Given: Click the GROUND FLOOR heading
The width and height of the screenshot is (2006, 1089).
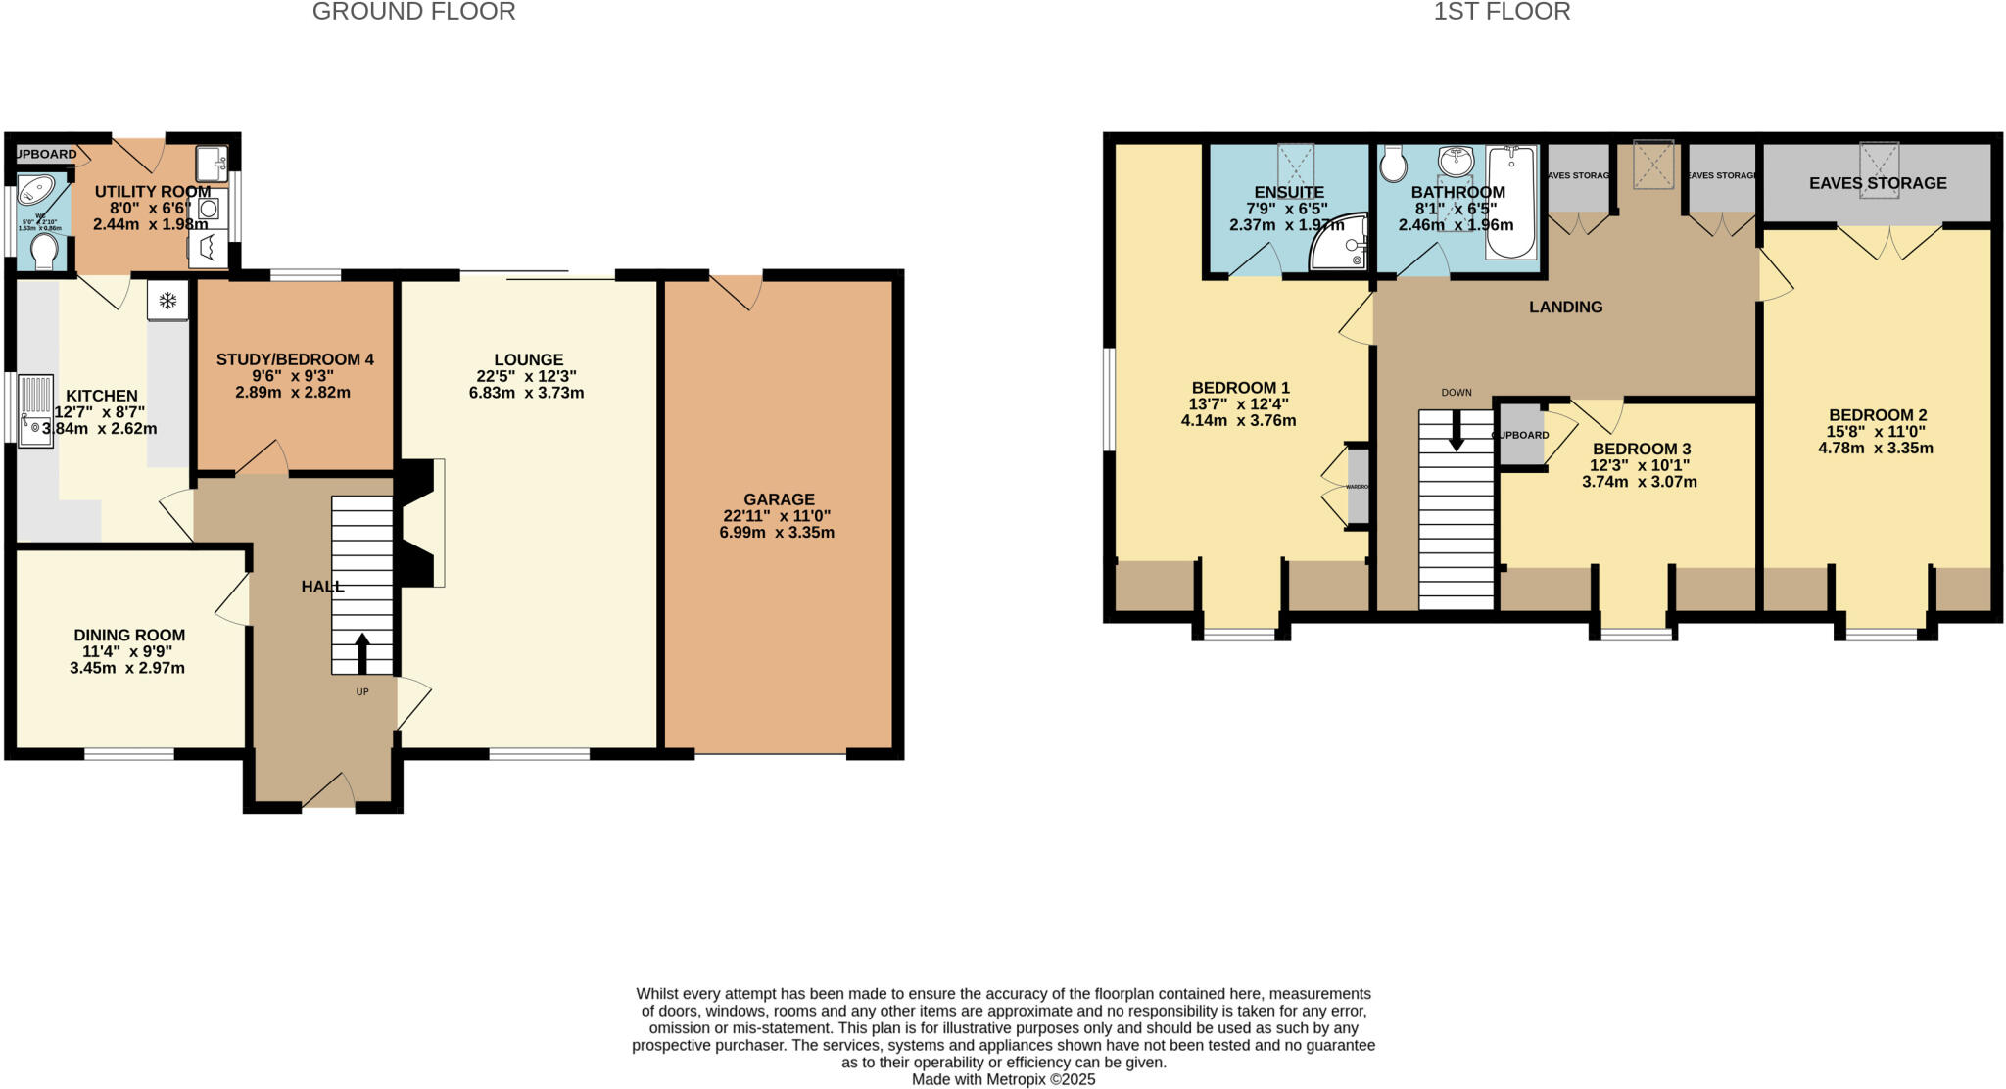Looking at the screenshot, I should [413, 12].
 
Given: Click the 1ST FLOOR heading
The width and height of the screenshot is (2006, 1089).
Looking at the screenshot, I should [1502, 12].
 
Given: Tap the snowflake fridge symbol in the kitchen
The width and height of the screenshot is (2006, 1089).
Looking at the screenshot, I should [167, 301].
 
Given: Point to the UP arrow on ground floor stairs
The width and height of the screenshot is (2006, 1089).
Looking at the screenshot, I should [361, 653].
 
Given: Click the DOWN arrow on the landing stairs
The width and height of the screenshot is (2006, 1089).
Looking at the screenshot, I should [1457, 431].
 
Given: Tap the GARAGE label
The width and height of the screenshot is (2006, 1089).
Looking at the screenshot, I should [779, 499].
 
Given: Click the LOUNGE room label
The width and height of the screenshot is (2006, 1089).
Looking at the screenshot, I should [528, 359].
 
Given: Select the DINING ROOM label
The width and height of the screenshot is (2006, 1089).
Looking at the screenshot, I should [129, 636].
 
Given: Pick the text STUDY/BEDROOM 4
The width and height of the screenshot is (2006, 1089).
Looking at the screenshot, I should [295, 359].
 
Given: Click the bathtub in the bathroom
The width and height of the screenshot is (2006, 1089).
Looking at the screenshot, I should [1510, 202].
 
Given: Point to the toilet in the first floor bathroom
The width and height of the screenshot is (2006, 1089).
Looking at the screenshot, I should [1392, 166].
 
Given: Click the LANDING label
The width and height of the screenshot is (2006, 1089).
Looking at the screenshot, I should [1565, 308].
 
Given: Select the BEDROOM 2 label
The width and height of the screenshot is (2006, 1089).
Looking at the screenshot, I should [1877, 415].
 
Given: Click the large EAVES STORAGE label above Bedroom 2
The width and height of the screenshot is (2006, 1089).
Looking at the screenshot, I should [1877, 183].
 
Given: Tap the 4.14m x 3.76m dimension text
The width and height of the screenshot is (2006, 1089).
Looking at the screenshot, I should [1238, 421].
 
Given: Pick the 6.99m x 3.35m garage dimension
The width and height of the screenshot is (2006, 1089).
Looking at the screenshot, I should [777, 533].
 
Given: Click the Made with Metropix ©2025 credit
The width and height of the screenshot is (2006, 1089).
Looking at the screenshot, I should [1003, 1079].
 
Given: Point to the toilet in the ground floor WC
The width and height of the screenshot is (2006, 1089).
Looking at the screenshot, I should [44, 254].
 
